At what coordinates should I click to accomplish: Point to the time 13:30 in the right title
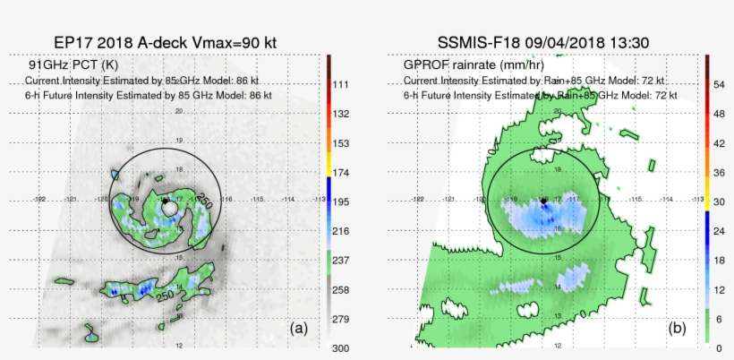627,42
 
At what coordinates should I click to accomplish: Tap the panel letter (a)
298,329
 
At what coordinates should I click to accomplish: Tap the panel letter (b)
678,329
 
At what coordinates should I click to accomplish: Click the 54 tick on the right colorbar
719,83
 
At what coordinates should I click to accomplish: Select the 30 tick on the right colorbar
719,201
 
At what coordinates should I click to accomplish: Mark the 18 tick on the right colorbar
719,259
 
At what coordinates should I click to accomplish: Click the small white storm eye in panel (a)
169,208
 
